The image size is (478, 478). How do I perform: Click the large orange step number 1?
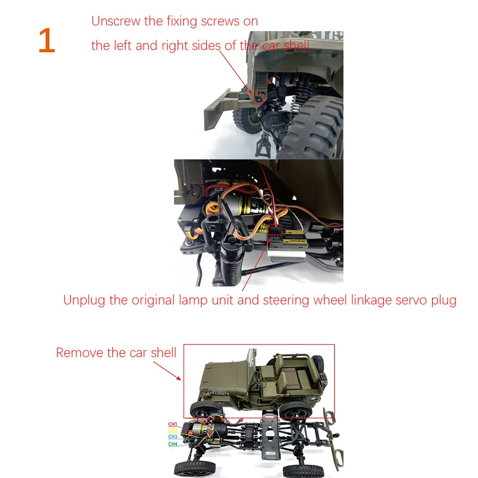click(47, 41)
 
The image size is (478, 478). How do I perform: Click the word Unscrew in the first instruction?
click(116, 22)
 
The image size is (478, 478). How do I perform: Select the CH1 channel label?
click(173, 424)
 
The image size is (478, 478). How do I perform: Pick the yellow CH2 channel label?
click(173, 431)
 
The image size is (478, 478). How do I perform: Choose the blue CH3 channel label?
click(173, 437)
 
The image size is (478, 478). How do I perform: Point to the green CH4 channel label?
click(173, 444)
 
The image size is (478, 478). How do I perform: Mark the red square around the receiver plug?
click(275, 230)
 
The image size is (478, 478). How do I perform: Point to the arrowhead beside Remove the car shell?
click(178, 378)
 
